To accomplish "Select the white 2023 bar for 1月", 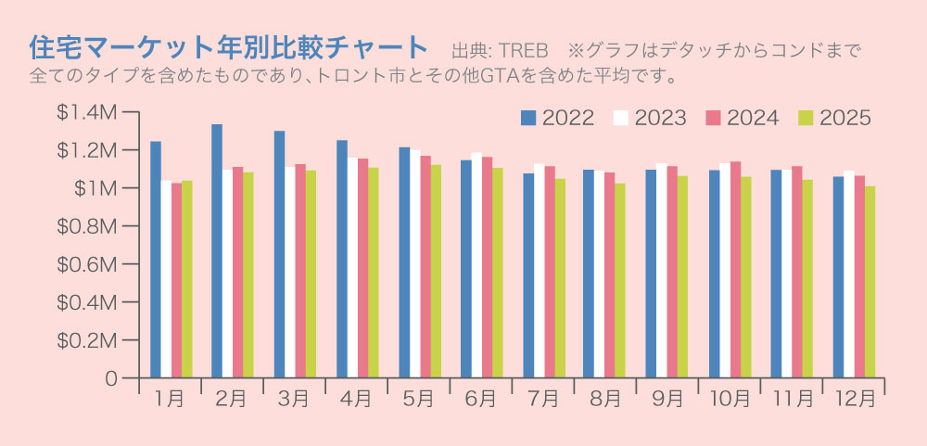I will pos(166,279).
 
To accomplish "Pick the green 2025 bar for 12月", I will pos(870,282).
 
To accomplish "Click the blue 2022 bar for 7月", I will pos(528,275).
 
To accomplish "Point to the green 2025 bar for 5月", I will pos(436,272).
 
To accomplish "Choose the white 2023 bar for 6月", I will pos(476,265).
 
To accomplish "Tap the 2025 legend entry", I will pos(834,118).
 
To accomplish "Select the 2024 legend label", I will pos(753,118).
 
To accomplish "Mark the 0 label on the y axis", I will pos(110,378).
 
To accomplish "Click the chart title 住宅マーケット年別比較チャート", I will pos(228,45).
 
